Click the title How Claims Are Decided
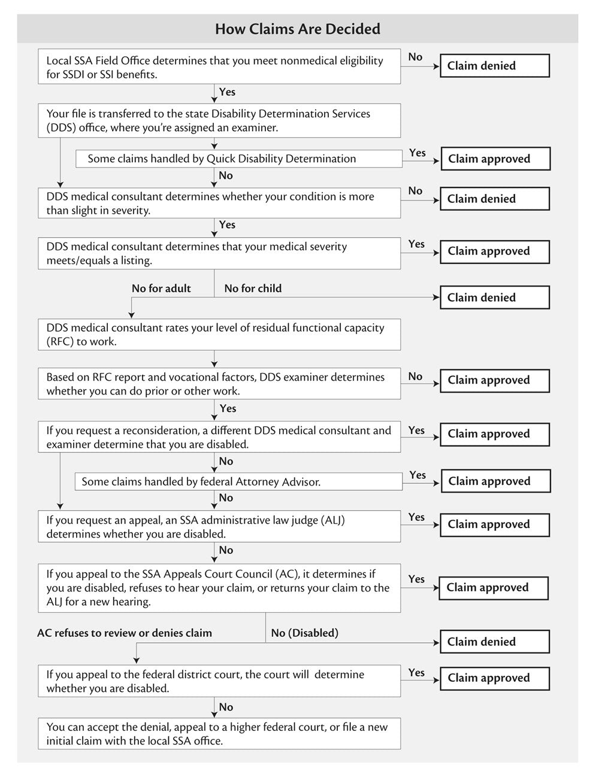pos(297,29)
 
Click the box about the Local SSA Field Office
pos(219,67)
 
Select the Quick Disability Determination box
pos(238,159)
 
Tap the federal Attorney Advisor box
pos(238,482)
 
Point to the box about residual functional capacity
pos(219,335)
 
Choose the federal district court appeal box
pos(219,681)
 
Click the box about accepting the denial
pos(219,734)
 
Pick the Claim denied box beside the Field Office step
pos(494,66)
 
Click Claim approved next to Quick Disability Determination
pos(495,159)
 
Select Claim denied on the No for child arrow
pos(494,298)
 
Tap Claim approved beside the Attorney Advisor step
pos(495,481)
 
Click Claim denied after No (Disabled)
pos(494,642)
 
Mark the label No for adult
pos(161,289)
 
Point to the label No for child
pos(253,289)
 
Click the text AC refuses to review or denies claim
pos(125,633)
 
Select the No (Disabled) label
pos(304,633)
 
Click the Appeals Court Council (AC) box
pos(219,588)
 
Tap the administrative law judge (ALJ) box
pos(219,527)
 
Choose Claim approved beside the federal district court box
pos(494,678)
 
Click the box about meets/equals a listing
pos(219,253)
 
